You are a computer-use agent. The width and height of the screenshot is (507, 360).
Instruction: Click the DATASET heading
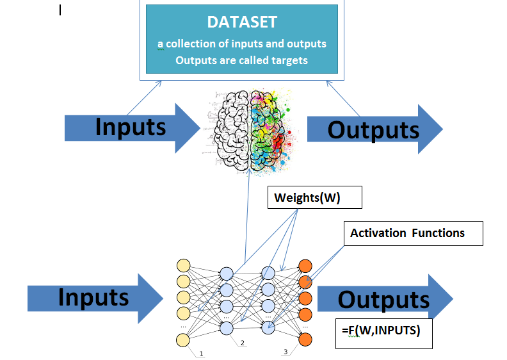coord(242,22)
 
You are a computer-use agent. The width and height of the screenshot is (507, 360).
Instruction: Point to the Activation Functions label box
coord(407,233)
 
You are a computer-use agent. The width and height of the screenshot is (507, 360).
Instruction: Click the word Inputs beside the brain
coord(131,127)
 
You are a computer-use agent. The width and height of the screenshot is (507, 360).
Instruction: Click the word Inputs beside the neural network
coord(93,297)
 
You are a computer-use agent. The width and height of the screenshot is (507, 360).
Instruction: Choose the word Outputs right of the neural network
coord(383,299)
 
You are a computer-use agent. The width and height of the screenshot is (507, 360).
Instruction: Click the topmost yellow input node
coord(183,266)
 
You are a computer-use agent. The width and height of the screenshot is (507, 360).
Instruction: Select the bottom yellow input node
coord(183,340)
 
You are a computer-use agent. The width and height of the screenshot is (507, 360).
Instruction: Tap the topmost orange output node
coord(305,266)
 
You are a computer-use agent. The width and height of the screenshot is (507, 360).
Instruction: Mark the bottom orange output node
coord(305,340)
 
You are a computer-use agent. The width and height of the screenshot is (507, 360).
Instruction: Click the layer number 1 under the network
coord(201,354)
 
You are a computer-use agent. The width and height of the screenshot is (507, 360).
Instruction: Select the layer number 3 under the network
coord(286,352)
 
